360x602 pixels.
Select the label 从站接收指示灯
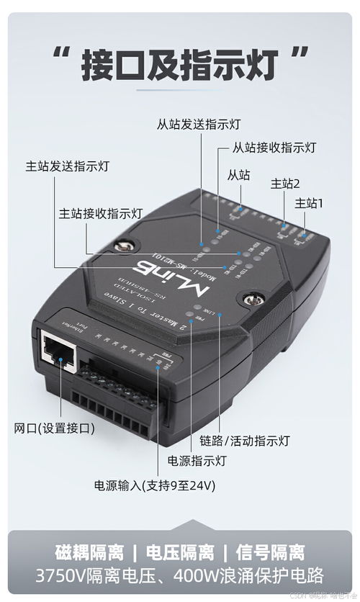point(274,148)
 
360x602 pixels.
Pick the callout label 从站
point(238,174)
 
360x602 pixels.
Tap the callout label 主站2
point(285,184)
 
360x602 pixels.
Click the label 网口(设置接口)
point(55,428)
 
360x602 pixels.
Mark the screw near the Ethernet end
point(253,297)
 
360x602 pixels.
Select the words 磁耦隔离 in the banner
point(89,554)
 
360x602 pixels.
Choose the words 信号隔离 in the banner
point(271,554)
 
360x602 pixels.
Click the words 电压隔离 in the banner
point(180,554)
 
